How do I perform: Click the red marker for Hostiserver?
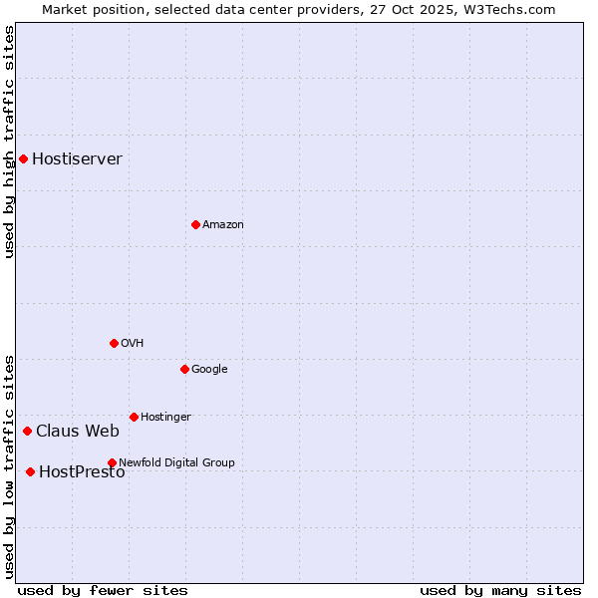[x=23, y=158]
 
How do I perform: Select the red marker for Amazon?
[x=195, y=224]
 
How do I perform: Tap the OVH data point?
[x=114, y=343]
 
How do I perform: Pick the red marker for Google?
[x=184, y=369]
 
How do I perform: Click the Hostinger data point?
[x=134, y=417]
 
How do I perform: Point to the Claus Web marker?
[x=27, y=431]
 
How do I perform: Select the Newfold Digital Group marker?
[x=112, y=462]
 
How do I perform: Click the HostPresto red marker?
[x=30, y=471]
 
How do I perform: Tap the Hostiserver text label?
[x=77, y=159]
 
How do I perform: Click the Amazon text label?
[x=222, y=225]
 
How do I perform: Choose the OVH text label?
[x=133, y=344]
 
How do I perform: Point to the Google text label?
[x=209, y=370]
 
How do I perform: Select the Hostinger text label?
[x=165, y=418]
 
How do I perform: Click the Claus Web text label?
[x=78, y=432]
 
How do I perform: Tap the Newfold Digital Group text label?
[x=176, y=463]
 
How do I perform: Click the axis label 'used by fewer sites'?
[x=103, y=590]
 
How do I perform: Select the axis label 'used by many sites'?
[x=500, y=590]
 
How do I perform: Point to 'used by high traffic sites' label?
[x=10, y=142]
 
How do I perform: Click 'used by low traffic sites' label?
[x=10, y=466]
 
